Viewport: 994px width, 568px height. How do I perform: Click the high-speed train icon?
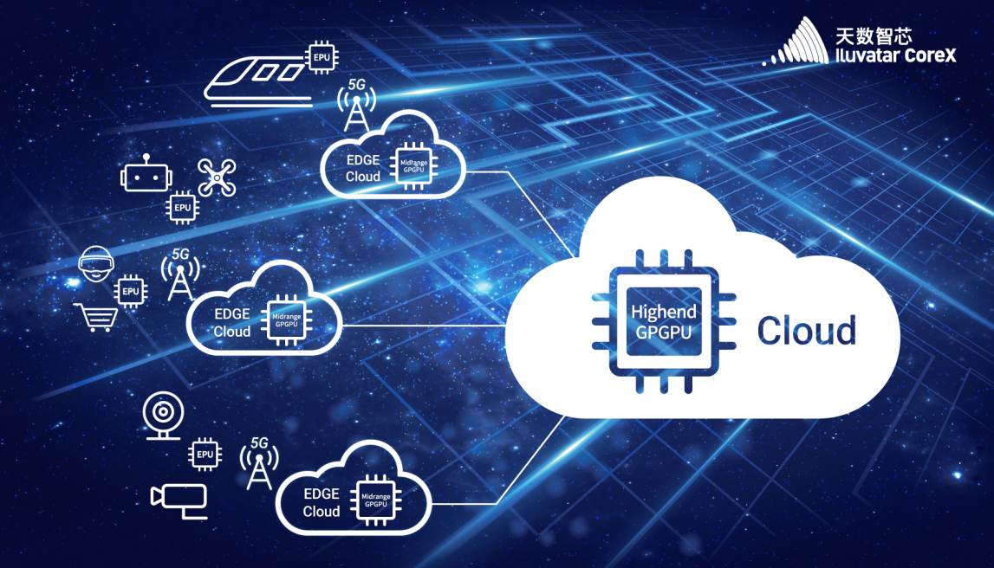(258, 81)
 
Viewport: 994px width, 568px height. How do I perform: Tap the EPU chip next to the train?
(322, 58)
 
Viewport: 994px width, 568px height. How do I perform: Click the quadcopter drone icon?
(217, 177)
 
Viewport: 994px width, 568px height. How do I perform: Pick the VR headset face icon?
(96, 263)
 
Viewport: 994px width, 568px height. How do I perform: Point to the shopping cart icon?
(96, 317)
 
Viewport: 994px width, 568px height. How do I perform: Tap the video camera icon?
(179, 500)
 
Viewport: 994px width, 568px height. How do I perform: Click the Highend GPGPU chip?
(664, 321)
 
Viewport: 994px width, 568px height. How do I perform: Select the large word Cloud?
(806, 331)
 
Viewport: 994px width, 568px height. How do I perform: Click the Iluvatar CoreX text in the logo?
(895, 55)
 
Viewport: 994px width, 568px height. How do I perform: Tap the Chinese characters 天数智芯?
(874, 35)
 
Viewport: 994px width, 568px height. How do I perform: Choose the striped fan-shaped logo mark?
(797, 42)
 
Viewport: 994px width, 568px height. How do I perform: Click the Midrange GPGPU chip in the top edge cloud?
(413, 166)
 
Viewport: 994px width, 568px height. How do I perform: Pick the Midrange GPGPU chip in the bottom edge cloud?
(375, 500)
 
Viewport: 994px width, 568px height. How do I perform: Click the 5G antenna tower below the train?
(356, 105)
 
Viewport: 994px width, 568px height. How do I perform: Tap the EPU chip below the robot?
(183, 207)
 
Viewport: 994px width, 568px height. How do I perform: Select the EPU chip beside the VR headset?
(131, 291)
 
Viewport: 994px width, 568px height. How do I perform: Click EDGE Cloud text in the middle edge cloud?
(232, 322)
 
